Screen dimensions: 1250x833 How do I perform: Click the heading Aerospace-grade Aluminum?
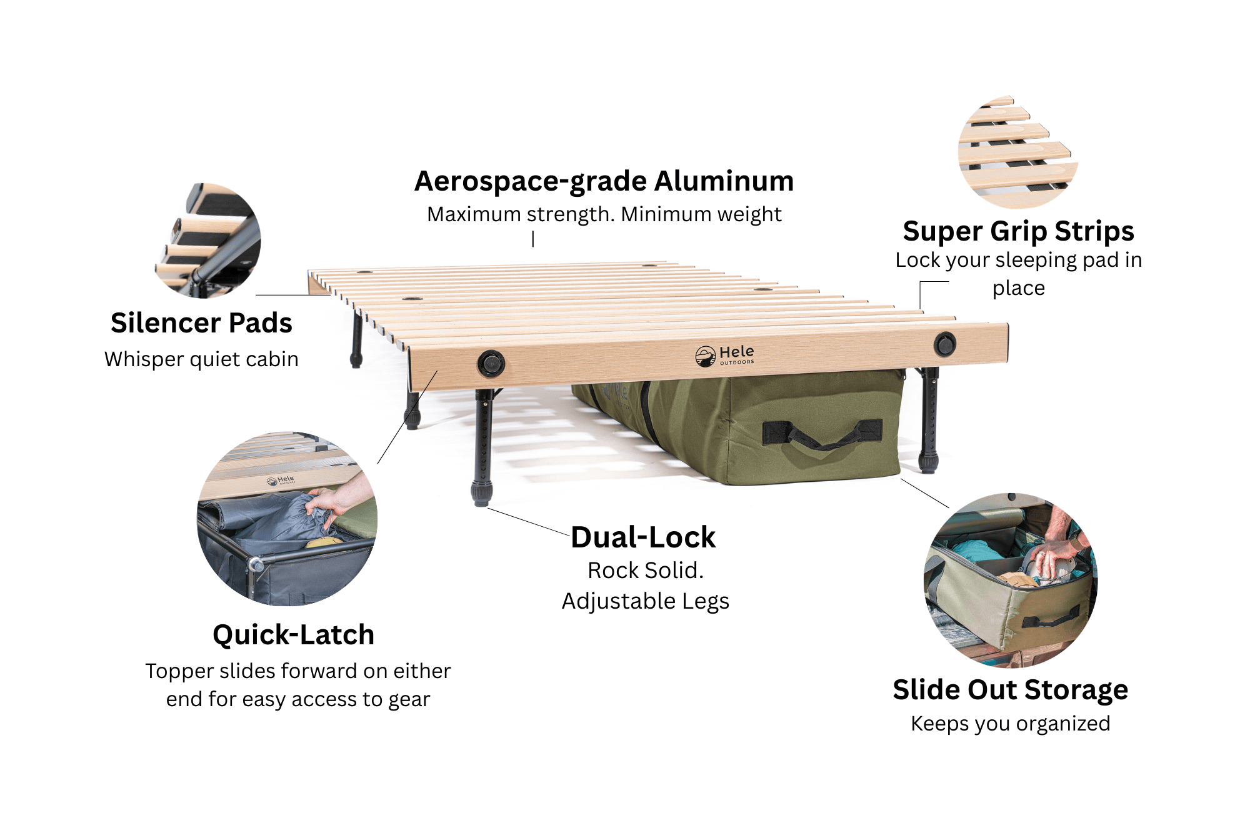pos(604,182)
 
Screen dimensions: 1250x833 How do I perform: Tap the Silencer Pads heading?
pos(201,323)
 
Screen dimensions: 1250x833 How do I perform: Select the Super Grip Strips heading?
pos(1018,232)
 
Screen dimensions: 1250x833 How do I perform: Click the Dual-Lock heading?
pos(643,537)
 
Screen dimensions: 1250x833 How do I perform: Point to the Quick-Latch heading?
pos(293,635)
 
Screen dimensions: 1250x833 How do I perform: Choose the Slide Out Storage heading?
pos(1011,690)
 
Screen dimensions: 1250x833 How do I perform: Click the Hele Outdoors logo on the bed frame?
pos(724,356)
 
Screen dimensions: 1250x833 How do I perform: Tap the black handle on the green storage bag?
pos(822,435)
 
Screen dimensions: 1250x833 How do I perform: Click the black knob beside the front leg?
pos(491,364)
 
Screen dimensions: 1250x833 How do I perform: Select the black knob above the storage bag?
pos(944,344)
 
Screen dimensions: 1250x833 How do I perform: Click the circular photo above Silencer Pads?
pos(208,241)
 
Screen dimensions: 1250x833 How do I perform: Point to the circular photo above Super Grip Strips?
pos(1018,152)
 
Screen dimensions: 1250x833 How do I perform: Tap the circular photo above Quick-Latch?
pos(287,518)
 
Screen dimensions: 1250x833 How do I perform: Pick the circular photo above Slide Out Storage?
pos(1011,581)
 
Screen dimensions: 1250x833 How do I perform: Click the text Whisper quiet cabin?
pos(201,359)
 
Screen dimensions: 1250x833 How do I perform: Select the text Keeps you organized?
pos(1011,724)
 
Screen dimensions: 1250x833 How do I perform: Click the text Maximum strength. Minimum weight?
pos(604,214)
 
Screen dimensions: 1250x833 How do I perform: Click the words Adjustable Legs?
pos(645,601)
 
